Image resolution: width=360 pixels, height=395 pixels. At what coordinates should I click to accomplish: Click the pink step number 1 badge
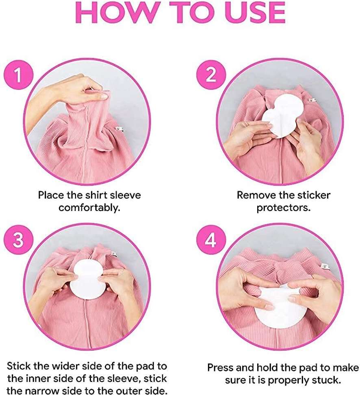(18, 75)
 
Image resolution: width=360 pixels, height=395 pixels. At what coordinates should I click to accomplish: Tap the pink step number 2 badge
(211, 75)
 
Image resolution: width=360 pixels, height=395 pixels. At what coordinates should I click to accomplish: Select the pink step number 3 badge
(18, 240)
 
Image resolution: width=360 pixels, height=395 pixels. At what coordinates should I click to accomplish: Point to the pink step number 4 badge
(211, 240)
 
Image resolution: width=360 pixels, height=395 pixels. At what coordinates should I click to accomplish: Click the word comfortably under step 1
(89, 208)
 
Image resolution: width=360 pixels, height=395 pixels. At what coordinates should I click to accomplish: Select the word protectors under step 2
(284, 208)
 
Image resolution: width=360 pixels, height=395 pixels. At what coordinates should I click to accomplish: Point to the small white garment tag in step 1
(119, 129)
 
